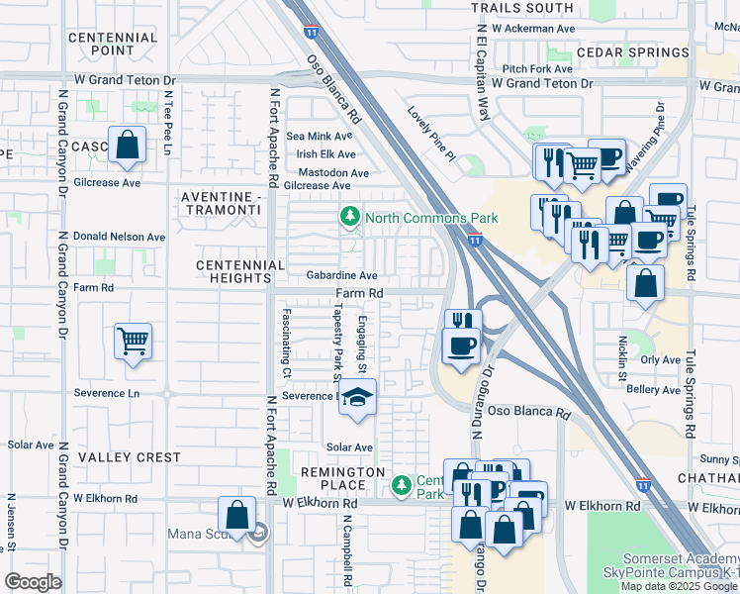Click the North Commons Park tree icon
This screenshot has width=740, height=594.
[x=349, y=216]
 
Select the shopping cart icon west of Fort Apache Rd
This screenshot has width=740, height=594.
[x=133, y=343]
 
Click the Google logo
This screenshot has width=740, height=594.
[x=34, y=581]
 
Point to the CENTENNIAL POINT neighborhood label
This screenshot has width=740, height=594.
[x=114, y=44]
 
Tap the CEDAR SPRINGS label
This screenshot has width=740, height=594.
[x=632, y=52]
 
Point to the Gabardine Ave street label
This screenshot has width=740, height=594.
[x=341, y=275]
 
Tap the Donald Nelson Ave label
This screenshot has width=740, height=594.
[x=120, y=237]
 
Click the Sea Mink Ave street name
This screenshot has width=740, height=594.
[x=320, y=136]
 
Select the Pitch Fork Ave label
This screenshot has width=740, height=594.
[x=537, y=68]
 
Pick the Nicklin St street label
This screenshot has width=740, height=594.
[x=622, y=358]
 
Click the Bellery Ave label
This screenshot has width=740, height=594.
[x=653, y=390]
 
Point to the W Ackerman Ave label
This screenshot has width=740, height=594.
[x=532, y=29]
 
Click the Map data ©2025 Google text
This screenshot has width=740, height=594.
[x=678, y=585]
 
